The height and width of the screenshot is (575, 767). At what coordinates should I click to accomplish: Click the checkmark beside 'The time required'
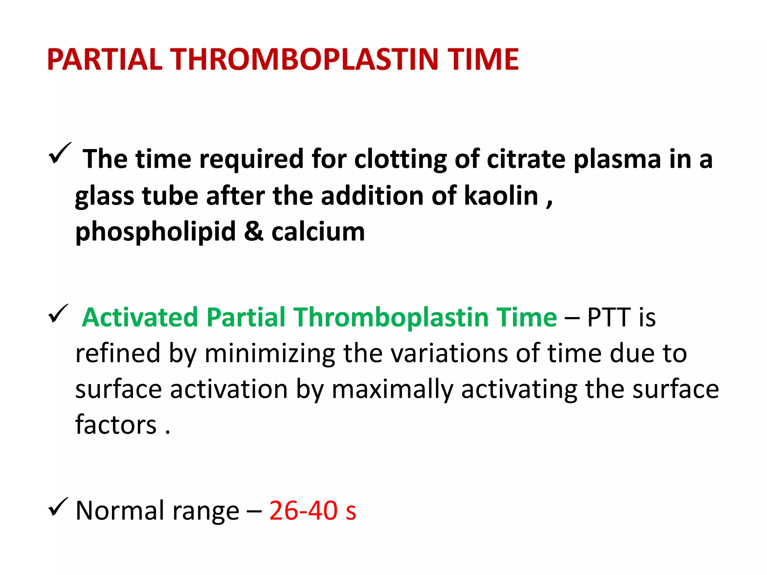(59, 153)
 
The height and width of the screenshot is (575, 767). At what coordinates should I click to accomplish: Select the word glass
(104, 197)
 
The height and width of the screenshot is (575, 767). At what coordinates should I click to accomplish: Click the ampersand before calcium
(254, 231)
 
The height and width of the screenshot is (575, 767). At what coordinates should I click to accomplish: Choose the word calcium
(318, 231)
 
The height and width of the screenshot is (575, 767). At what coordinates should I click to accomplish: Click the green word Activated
(140, 317)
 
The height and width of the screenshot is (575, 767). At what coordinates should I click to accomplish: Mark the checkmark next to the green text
(58, 314)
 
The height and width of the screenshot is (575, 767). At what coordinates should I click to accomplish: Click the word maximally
(392, 390)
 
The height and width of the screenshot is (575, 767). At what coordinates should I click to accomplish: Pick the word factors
(116, 425)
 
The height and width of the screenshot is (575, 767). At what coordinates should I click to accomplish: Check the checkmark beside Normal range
(58, 507)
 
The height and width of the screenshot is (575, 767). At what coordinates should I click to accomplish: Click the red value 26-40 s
(313, 511)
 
